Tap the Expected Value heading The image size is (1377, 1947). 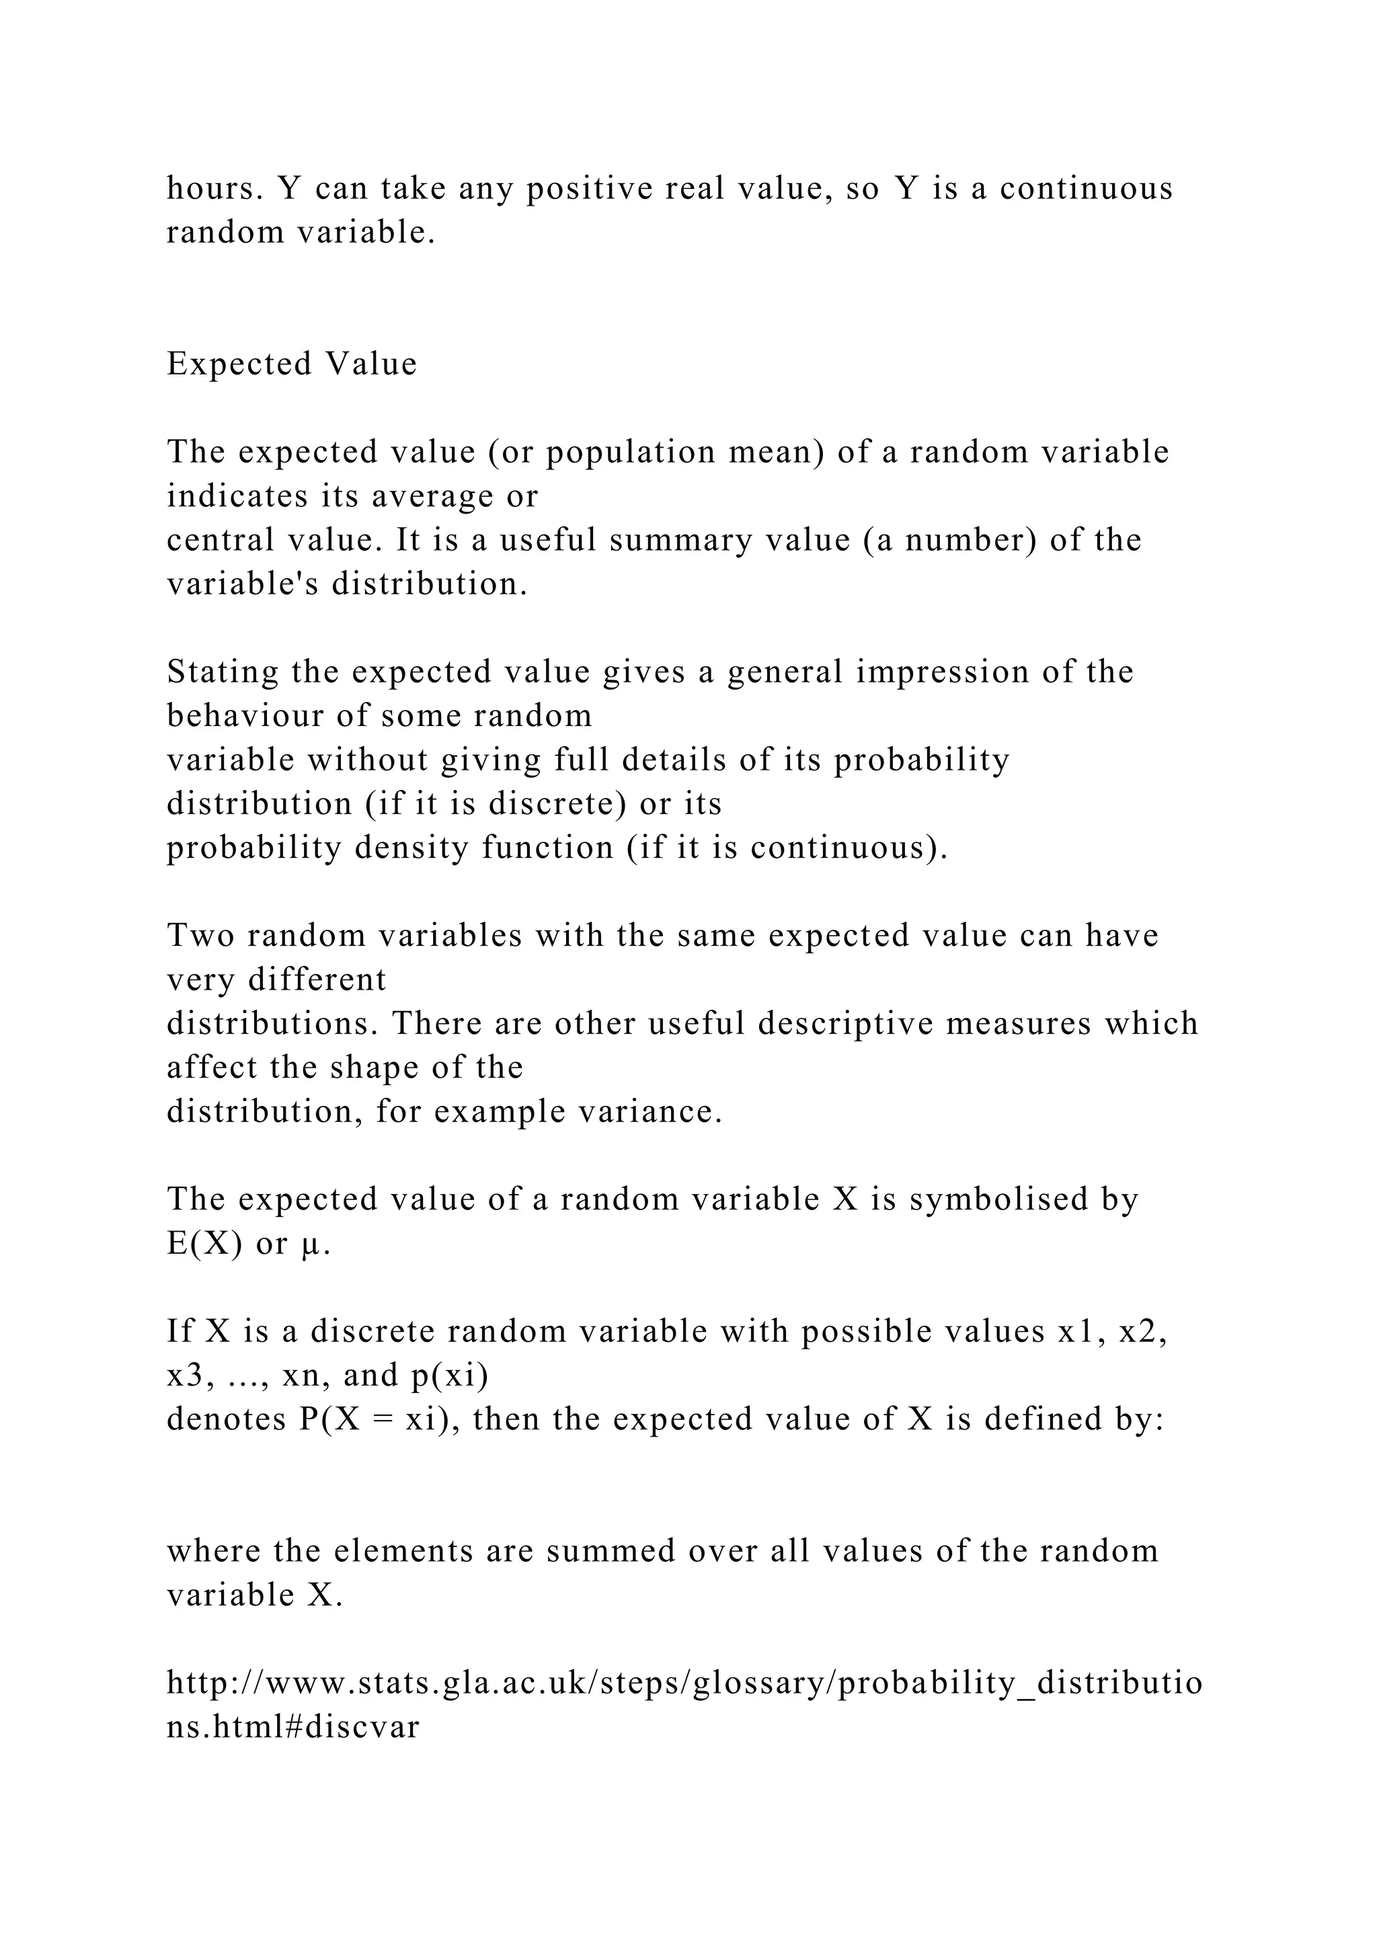coord(292,364)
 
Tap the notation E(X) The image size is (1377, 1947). coord(204,1243)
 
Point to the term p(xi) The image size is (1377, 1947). coord(449,1376)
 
